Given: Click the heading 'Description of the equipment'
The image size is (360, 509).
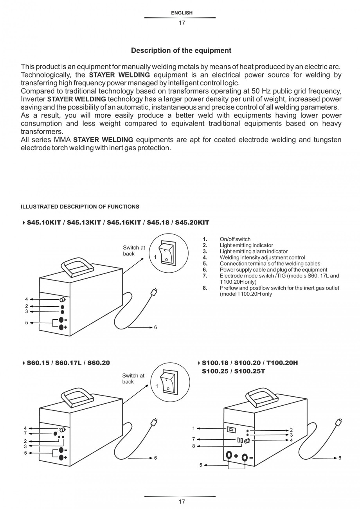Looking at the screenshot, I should tap(181, 50).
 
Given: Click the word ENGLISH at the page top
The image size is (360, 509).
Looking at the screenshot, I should tap(182, 13).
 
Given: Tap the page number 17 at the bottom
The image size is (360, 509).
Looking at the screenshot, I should tap(182, 502).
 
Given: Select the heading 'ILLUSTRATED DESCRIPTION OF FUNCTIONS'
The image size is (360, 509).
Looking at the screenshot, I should tap(80, 207).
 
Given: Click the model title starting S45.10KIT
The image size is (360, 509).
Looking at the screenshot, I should tap(118, 223).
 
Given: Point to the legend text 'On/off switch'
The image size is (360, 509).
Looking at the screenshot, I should tap(235, 239).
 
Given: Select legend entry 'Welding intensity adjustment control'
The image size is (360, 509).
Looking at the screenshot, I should tap(262, 257).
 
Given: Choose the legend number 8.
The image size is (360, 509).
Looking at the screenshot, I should tap(205, 288).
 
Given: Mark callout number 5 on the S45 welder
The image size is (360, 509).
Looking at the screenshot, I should tap(27, 323).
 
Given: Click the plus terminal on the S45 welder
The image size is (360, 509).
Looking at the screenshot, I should tap(61, 327).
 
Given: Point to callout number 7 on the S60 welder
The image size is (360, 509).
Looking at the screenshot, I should tap(25, 433).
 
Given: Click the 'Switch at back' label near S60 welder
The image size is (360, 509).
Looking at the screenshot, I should tap(133, 378).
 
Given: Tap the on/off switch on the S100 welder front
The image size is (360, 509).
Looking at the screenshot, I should tap(231, 430).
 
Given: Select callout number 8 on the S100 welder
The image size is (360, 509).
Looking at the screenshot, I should tap(193, 446).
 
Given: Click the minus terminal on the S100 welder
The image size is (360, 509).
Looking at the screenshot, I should tap(245, 457).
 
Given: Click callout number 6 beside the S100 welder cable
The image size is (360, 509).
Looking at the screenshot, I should tap(340, 458).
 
